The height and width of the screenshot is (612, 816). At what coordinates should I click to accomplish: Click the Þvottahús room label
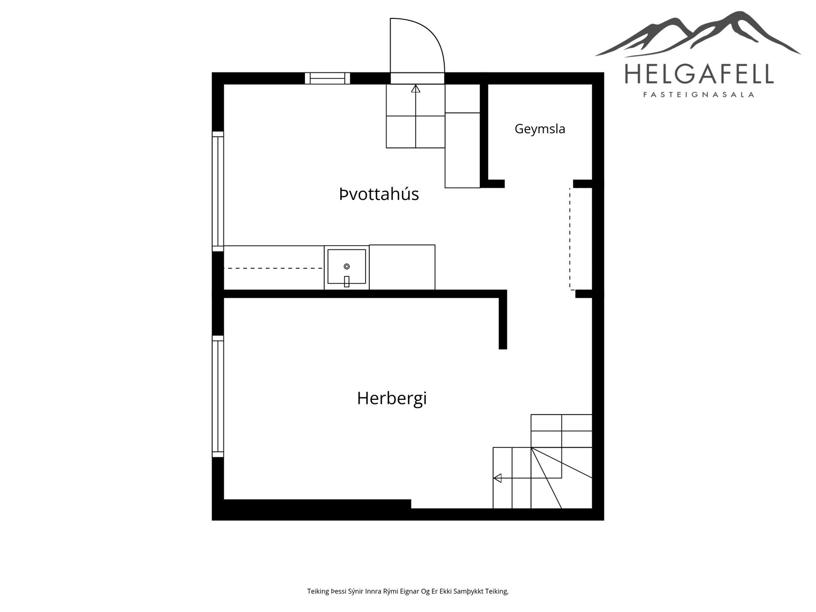tap(379, 194)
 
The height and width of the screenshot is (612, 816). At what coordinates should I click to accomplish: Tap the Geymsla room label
tap(540, 129)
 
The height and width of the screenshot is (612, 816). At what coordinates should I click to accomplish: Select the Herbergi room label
tap(392, 399)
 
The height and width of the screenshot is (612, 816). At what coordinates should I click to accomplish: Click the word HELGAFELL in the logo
tap(699, 74)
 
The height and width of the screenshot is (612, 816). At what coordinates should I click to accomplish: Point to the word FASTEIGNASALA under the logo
tap(699, 95)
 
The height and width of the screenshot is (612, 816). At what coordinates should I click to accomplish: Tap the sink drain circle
tap(346, 266)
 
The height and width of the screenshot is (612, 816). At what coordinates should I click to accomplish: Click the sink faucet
tap(346, 282)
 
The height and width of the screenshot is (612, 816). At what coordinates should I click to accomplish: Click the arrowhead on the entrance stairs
tap(416, 89)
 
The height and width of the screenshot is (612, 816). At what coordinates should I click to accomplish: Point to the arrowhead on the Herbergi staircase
tap(497, 478)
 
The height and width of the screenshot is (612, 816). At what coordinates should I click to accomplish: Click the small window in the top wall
tap(327, 79)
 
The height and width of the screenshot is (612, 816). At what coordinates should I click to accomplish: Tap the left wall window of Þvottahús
tap(218, 191)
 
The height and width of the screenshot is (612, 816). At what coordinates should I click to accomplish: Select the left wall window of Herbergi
tap(218, 396)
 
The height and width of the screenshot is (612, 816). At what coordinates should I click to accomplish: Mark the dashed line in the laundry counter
tap(273, 268)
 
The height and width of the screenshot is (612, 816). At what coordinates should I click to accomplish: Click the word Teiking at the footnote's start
tap(318, 591)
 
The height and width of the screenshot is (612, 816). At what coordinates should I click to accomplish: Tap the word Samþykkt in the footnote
tap(469, 591)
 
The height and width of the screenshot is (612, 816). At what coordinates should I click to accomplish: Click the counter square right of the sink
tap(402, 267)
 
